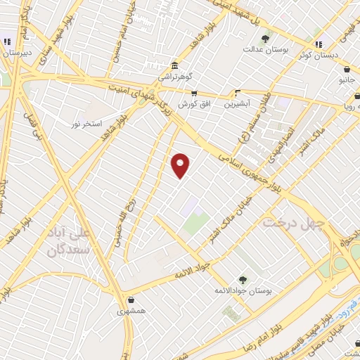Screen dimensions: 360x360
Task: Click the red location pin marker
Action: pos(181,165)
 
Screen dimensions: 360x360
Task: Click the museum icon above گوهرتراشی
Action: pos(174,65)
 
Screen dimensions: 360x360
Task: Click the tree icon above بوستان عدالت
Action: pos(265,39)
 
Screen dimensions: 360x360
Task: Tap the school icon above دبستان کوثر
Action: pos(317,43)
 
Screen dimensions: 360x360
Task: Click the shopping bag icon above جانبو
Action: pos(347,70)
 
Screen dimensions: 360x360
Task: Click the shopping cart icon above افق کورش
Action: pos(194,93)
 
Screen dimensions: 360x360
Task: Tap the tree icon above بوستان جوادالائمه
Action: pos(243,279)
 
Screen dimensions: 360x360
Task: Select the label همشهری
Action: pos(131,309)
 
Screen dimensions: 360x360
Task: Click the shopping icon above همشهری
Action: pos(131,299)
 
